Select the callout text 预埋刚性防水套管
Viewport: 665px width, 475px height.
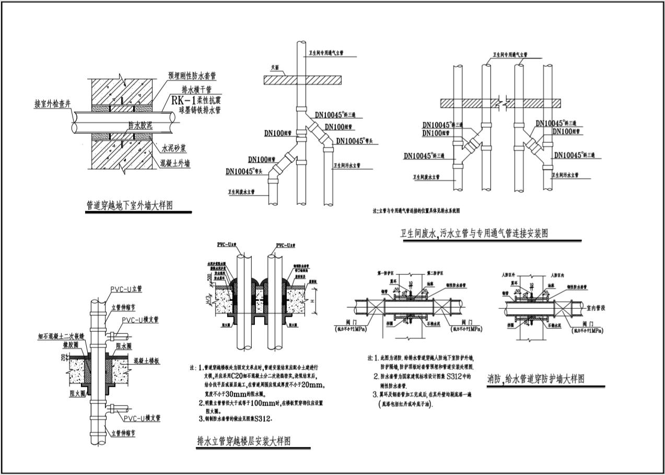click(194, 76)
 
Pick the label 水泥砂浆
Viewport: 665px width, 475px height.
click(173, 148)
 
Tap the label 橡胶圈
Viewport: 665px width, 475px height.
click(71, 345)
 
